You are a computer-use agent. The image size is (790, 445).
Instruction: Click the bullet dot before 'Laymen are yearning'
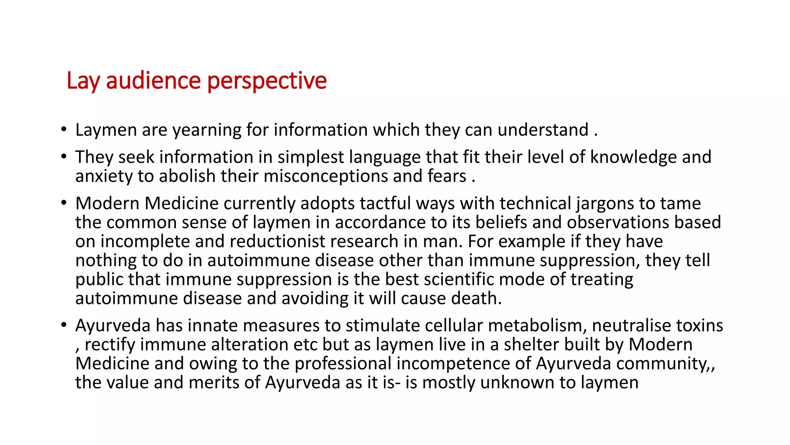click(64, 129)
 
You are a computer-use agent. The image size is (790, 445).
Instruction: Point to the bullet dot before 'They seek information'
click(64, 157)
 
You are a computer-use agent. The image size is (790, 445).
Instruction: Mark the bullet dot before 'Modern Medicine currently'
click(64, 203)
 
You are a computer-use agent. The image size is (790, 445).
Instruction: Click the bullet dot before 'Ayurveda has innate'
click(64, 325)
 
